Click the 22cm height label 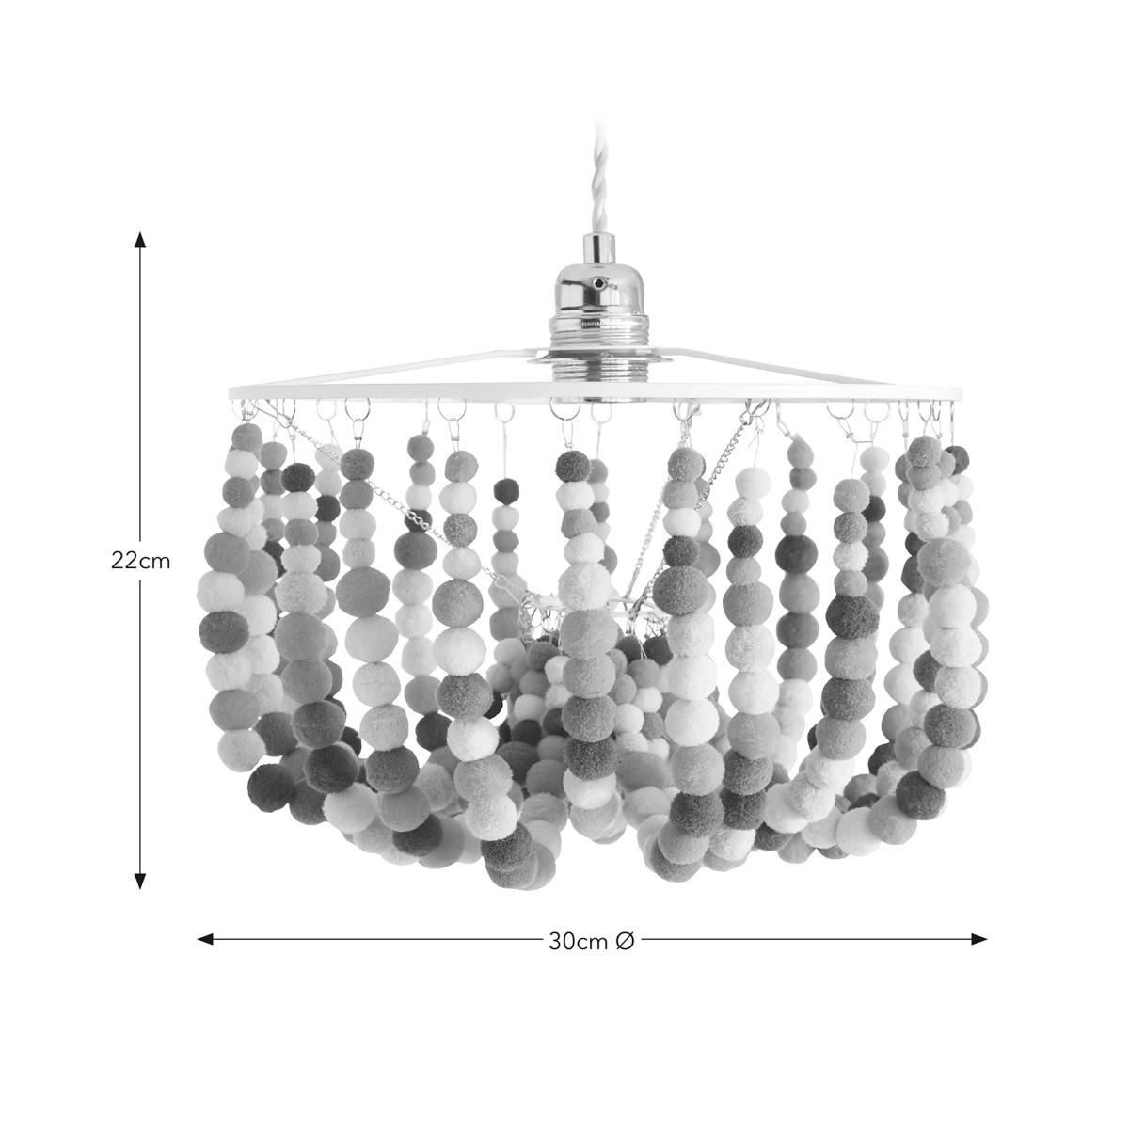(140, 562)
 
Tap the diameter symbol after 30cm (625, 941)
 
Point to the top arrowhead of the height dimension (139, 240)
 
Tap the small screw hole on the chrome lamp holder (597, 283)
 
